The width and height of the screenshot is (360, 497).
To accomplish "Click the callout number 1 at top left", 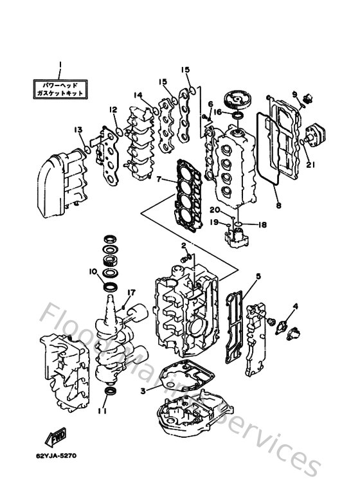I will (x=59, y=65).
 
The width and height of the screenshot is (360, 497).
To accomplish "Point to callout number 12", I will (x=113, y=109).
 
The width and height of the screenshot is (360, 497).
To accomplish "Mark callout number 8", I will (x=278, y=206).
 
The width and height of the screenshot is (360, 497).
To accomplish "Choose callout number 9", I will (x=295, y=94).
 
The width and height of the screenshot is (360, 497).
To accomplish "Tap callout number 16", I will (x=218, y=112).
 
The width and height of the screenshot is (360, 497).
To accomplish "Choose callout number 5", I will (x=258, y=277).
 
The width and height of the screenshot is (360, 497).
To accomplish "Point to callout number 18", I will (x=262, y=225).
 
